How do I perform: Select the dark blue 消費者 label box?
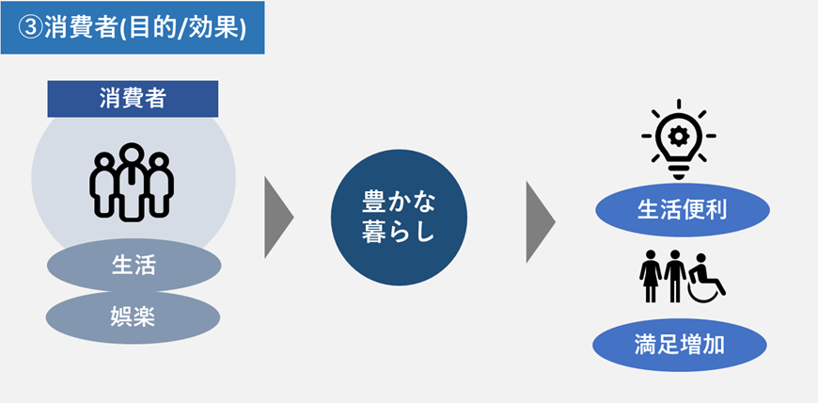pos(133,98)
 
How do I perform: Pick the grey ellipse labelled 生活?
pos(133,266)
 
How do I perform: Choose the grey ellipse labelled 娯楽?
pos(133,317)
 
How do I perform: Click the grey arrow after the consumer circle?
pos(278,217)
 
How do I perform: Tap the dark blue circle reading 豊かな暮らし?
pos(399,218)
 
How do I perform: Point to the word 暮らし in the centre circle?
pos(399,233)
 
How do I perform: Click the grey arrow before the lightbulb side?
pos(540,217)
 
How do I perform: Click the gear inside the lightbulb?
pos(679,135)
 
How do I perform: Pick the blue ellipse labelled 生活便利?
pos(682,209)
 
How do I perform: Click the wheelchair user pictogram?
pos(707,279)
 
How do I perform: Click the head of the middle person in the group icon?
pos(133,153)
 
